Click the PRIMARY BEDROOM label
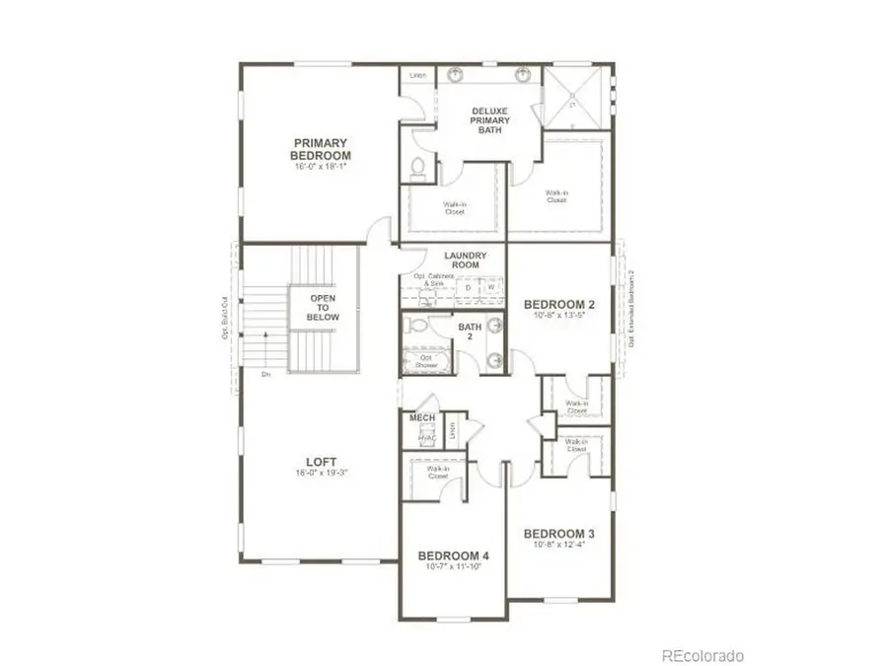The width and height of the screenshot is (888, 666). click(x=321, y=149)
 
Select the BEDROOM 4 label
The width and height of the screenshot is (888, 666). click(x=453, y=555)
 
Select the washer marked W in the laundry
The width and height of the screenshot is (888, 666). click(x=489, y=288)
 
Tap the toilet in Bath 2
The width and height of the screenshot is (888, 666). click(x=416, y=325)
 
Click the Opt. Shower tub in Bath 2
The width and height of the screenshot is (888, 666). click(x=425, y=361)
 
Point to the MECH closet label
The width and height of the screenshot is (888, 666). click(x=421, y=417)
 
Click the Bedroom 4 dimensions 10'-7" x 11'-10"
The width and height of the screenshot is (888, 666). click(x=453, y=568)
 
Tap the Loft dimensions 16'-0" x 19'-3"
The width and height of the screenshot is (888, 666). click(x=321, y=473)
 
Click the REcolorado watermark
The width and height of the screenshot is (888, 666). click(x=703, y=655)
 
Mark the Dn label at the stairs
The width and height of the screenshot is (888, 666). click(x=265, y=374)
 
